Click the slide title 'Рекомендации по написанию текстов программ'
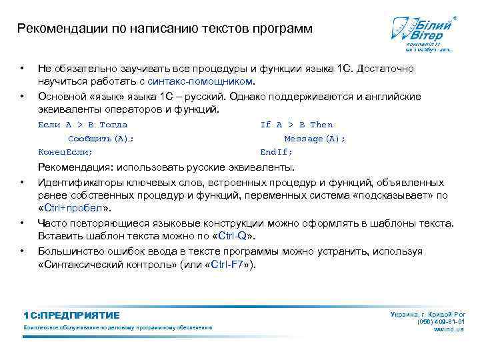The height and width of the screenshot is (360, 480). [x=164, y=29]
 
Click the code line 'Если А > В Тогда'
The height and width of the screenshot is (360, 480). [x=83, y=125]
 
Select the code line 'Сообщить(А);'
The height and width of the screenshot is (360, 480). [x=101, y=139]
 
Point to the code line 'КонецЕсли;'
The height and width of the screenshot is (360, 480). [x=65, y=152]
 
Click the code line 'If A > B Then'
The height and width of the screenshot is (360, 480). [x=296, y=125]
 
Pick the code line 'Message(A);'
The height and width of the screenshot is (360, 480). [x=315, y=139]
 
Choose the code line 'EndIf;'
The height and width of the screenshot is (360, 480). [x=276, y=152]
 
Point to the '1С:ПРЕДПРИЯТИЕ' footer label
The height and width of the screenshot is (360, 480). [x=71, y=315]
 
